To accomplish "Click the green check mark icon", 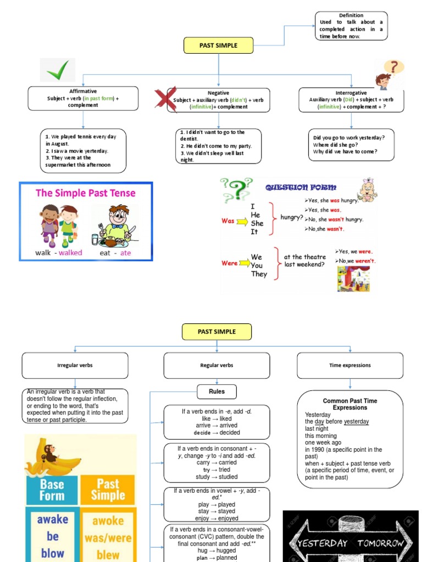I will (57, 70).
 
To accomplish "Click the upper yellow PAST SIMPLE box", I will (218, 46).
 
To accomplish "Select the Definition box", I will (351, 26).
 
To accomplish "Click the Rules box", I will (217, 391).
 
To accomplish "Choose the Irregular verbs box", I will (75, 366).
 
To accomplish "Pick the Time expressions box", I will (350, 366).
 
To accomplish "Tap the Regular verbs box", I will (216, 366).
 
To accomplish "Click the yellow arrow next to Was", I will (242, 221).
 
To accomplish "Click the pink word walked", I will (70, 252).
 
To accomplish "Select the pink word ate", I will (126, 252).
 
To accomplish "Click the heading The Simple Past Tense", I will (86, 193).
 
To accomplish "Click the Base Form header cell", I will (52, 490).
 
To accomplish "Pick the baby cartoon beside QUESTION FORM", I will (367, 190).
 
